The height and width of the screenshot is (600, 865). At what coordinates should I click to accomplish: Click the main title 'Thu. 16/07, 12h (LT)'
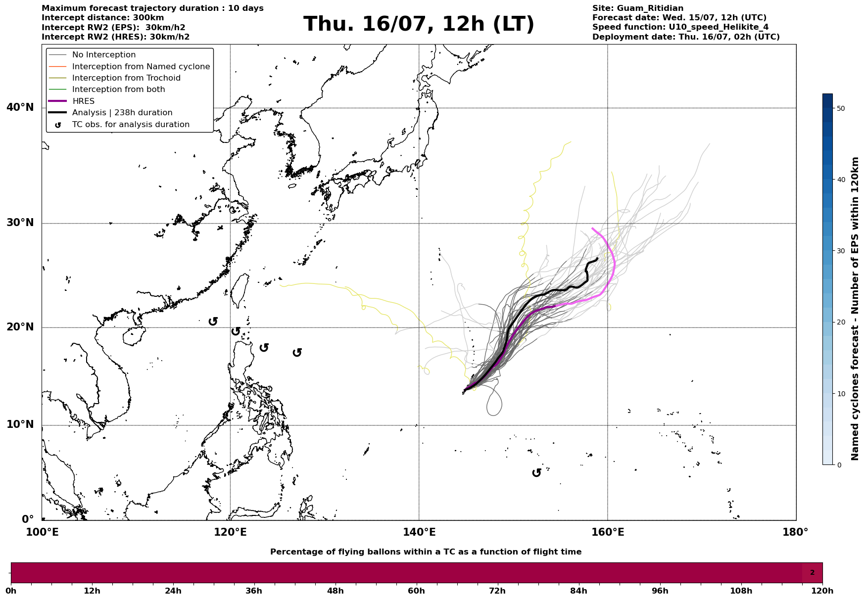[x=419, y=24]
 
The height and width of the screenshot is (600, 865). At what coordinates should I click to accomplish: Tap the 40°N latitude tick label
[x=20, y=107]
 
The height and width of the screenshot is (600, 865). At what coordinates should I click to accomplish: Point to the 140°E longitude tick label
[x=419, y=532]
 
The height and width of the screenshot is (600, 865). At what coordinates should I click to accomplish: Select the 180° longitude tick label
[x=795, y=532]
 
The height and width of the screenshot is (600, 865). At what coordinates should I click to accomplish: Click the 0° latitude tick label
[x=27, y=519]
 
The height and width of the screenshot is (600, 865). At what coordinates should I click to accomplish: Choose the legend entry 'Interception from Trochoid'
[x=126, y=78]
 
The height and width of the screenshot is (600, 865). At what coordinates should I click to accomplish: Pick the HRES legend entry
[x=83, y=101]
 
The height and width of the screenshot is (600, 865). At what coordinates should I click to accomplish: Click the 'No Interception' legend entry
[x=103, y=55]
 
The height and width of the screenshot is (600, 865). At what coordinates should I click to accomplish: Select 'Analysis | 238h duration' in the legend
[x=122, y=113]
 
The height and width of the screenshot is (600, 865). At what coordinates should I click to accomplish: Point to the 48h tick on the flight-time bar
[x=335, y=591]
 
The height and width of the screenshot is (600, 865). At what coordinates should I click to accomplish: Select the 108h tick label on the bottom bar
[x=741, y=591]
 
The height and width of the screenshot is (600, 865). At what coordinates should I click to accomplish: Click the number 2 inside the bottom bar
[x=812, y=573]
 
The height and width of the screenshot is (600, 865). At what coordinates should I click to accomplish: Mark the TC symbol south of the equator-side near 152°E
[x=536, y=473]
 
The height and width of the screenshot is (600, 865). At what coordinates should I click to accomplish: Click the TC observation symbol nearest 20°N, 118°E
[x=213, y=322]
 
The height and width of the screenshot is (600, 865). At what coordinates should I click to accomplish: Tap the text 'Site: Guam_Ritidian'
[x=638, y=8]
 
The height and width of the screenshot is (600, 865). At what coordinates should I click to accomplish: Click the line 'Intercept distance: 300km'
[x=103, y=18]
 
